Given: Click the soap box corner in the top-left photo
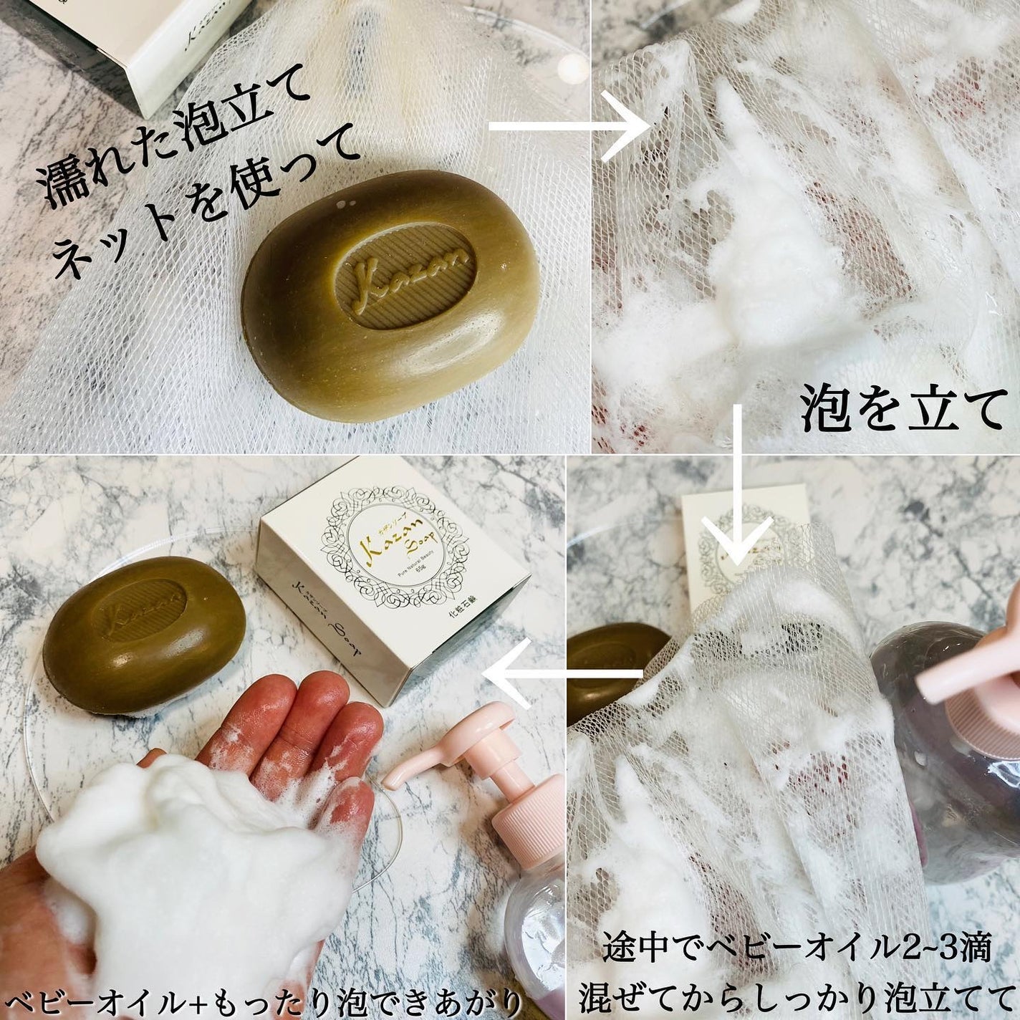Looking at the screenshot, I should click(x=179, y=43).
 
